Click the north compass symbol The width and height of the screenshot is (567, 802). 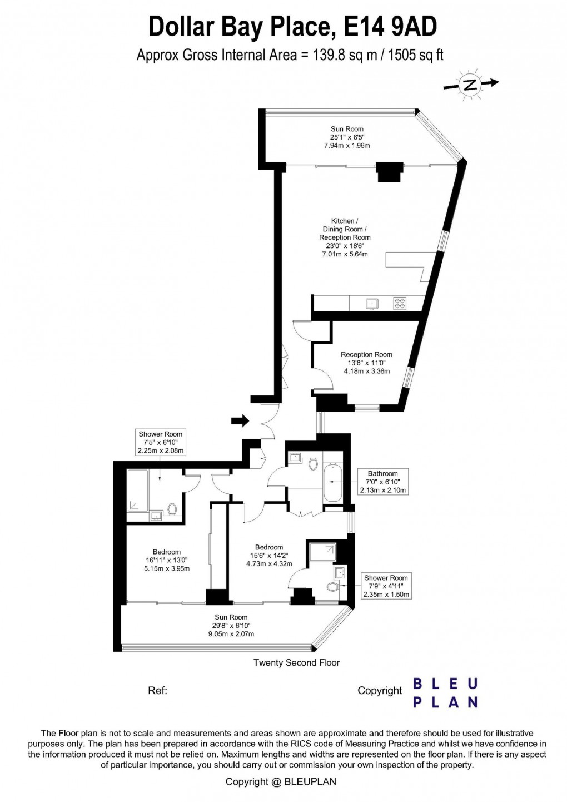click(470, 85)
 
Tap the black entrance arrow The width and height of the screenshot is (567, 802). click(240, 421)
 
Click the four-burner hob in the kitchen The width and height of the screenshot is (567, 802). click(400, 304)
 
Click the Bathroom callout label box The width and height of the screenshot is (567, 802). click(382, 482)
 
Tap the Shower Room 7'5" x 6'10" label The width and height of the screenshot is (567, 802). click(160, 442)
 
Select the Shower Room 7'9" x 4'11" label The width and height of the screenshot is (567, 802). click(386, 586)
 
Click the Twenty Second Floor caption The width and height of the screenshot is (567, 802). click(296, 662)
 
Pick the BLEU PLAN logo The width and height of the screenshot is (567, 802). click(445, 692)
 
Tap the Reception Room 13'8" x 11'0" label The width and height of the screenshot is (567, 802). click(366, 363)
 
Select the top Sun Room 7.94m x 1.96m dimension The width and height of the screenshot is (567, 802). click(347, 146)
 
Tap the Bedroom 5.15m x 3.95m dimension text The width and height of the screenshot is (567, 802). click(167, 568)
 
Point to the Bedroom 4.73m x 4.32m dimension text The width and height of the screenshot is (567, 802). click(269, 564)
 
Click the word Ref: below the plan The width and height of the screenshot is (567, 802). click(158, 691)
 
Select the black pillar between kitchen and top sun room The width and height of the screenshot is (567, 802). click(389, 171)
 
